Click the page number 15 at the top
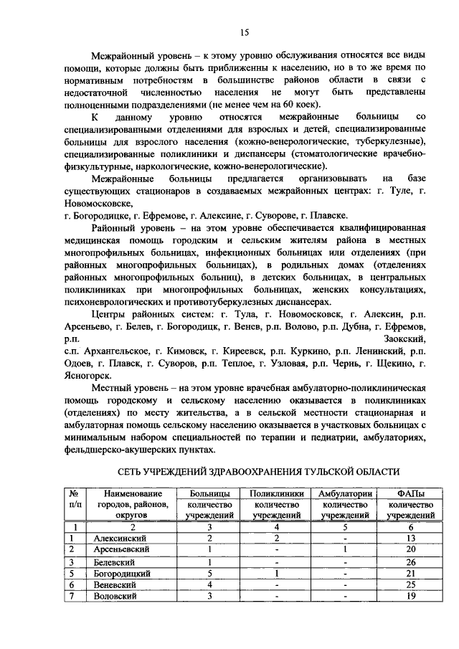tap(244, 32)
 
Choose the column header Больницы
tap(210, 493)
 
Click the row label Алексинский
tap(120, 537)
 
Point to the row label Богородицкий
tap(123, 574)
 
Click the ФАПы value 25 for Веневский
tap(410, 585)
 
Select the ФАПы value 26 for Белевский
tap(410, 562)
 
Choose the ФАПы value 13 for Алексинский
tap(410, 537)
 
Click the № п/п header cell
tap(72, 498)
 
